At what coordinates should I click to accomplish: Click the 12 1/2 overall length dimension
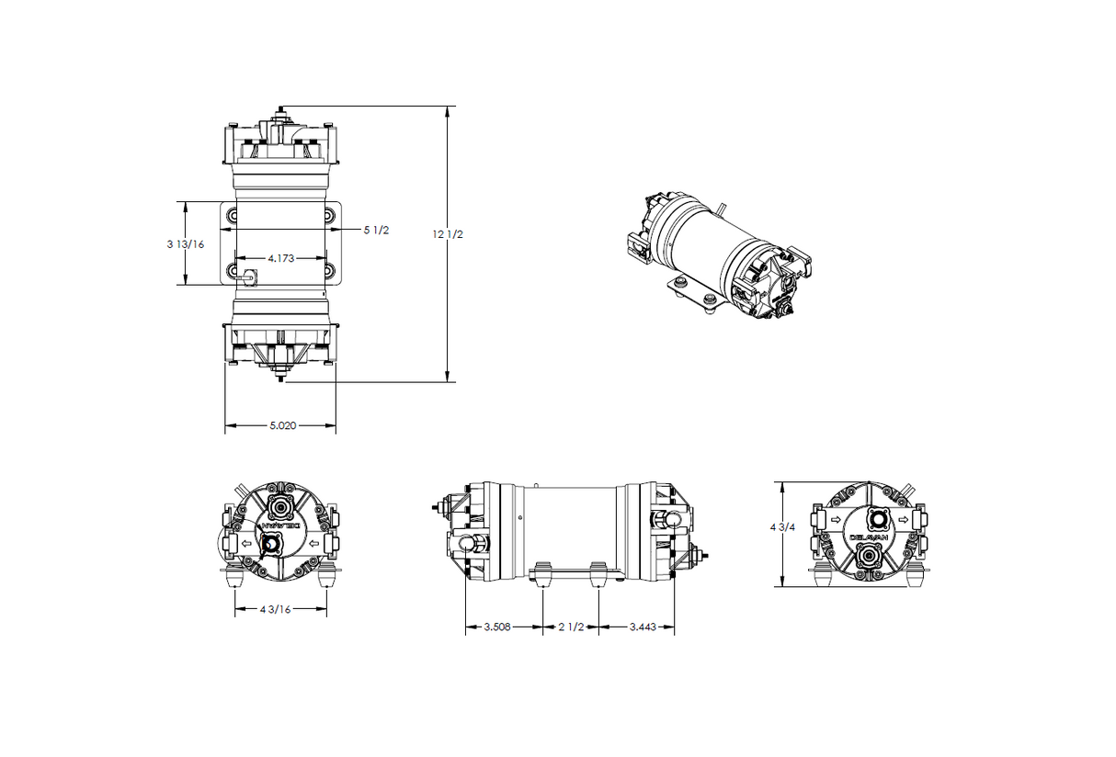pyautogui.click(x=448, y=234)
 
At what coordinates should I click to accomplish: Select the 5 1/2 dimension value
pyautogui.click(x=376, y=230)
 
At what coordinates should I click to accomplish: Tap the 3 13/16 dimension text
pyautogui.click(x=185, y=244)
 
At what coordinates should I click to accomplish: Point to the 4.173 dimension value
pyautogui.click(x=280, y=259)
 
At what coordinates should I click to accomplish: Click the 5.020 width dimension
pyautogui.click(x=281, y=425)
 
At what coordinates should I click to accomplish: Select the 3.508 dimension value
pyautogui.click(x=500, y=627)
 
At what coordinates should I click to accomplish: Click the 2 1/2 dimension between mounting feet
pyautogui.click(x=571, y=627)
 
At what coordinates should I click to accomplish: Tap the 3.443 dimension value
pyautogui.click(x=643, y=627)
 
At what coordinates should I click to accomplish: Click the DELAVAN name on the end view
pyautogui.click(x=868, y=537)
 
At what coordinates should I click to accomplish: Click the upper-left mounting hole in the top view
pyautogui.click(x=232, y=215)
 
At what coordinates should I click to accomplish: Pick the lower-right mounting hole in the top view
pyautogui.click(x=330, y=271)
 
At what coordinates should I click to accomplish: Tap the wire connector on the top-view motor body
pyautogui.click(x=247, y=274)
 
